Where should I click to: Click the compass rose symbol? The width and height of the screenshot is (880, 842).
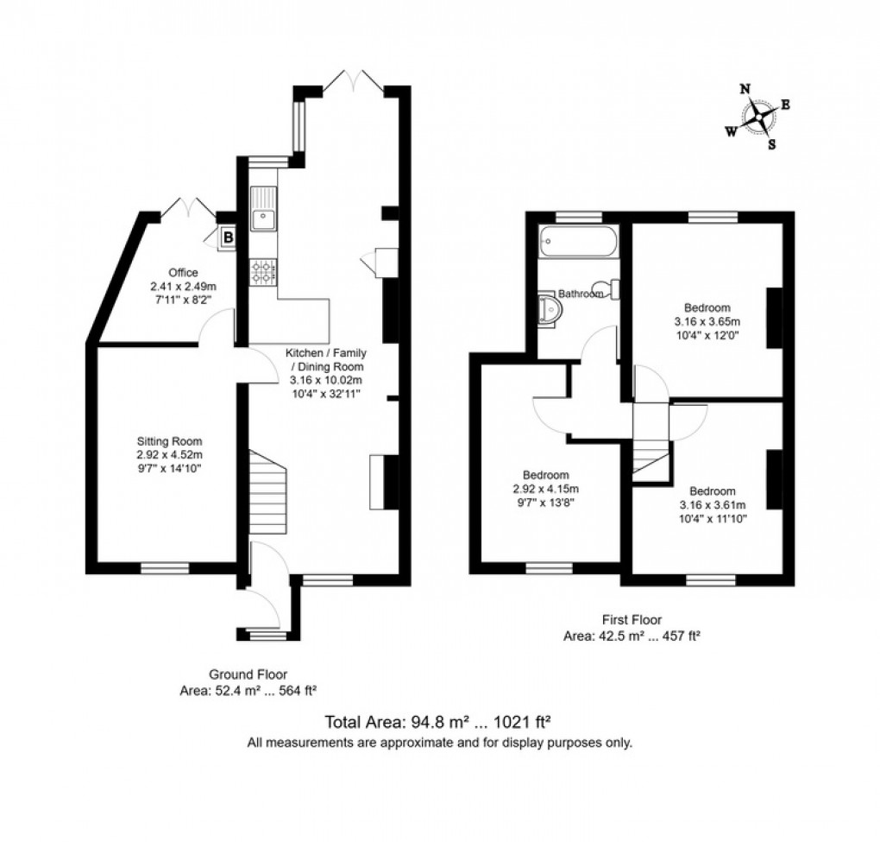[x=758, y=117]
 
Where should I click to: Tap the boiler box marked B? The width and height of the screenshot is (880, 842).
[x=228, y=236]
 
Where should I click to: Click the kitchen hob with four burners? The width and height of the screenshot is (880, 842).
[x=263, y=273]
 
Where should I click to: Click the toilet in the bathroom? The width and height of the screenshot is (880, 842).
[x=614, y=288]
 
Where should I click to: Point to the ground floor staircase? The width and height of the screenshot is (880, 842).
[x=267, y=491]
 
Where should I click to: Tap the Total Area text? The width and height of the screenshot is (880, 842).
[x=438, y=722]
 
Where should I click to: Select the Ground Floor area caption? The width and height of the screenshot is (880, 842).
[x=248, y=682]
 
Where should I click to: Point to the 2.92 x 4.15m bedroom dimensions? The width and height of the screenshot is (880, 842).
[x=544, y=489]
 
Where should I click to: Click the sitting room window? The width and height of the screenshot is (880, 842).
[x=165, y=567]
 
